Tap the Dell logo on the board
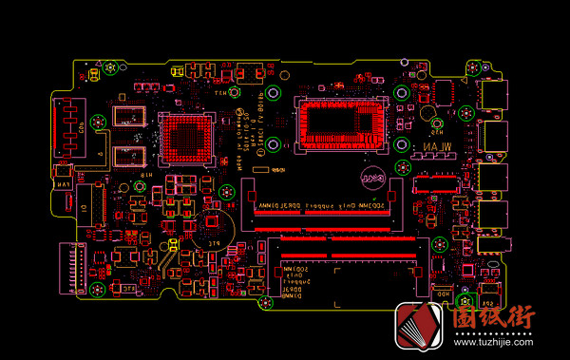370,178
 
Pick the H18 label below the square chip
147,176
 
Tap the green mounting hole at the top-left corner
111,68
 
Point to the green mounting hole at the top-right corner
474,68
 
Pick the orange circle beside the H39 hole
439,124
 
